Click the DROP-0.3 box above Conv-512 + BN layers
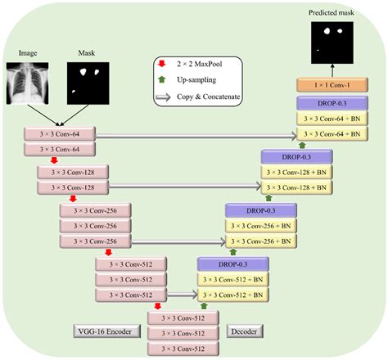pyautogui.click(x=232, y=263)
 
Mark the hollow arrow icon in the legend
pyautogui.click(x=164, y=97)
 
